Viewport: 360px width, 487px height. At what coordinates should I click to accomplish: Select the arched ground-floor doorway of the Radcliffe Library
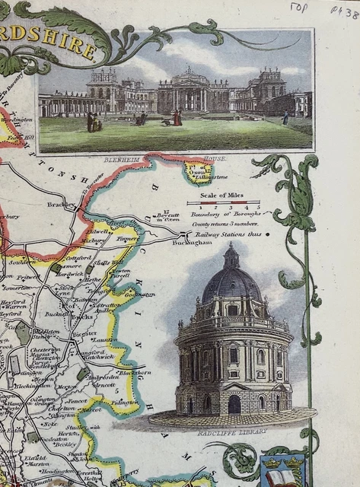[x=234, y=404]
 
